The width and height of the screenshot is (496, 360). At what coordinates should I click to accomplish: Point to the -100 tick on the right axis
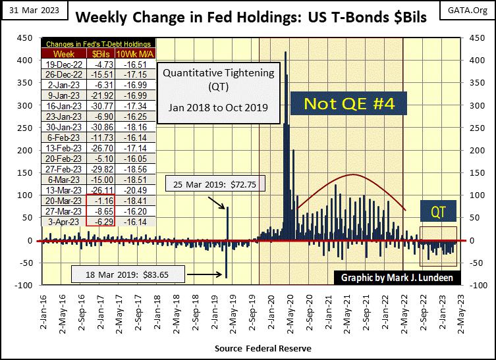pyautogui.click(x=472, y=286)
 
